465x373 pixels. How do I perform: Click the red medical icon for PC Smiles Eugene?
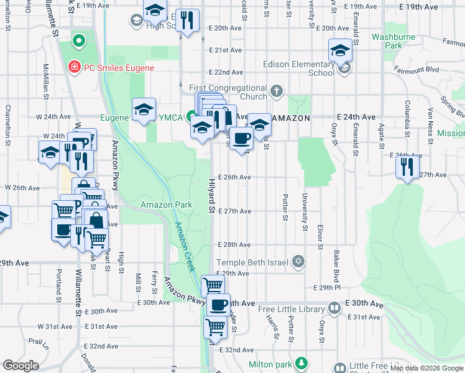coord(74,67)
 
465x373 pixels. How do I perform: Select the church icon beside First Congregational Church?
coord(277,93)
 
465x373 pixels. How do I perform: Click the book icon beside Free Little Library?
coord(334,308)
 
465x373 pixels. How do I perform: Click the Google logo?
coord(21,366)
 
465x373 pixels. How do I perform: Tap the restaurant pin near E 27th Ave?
coord(407,166)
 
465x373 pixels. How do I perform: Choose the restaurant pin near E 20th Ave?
coord(186,21)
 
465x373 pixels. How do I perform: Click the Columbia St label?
coord(407,113)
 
